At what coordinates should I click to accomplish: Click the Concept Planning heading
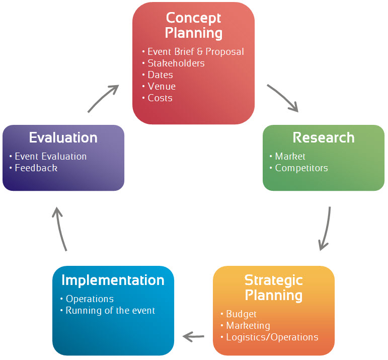194,25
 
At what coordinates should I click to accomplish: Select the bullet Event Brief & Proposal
195,51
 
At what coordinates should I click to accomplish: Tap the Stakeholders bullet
176,63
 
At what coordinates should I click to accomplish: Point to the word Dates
160,75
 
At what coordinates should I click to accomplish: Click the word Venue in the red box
162,86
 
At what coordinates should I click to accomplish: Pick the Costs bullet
160,98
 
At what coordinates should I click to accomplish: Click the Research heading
324,137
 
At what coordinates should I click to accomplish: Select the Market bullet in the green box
290,156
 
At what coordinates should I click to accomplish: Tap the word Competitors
301,168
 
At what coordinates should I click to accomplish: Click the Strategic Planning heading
273,287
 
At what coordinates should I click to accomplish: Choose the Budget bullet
241,314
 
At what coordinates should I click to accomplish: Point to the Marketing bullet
248,325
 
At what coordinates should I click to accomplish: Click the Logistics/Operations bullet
272,337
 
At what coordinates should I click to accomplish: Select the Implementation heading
113,280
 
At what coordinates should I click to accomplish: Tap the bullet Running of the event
110,310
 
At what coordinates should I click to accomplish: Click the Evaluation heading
63,137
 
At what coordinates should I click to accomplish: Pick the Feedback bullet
36,168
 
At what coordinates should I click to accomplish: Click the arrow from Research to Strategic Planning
326,229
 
